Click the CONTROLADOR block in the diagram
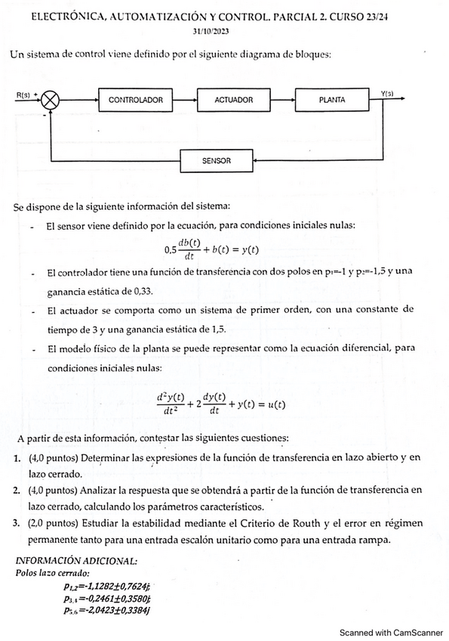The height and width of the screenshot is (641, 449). [x=136, y=100]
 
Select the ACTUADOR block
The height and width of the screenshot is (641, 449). [x=234, y=100]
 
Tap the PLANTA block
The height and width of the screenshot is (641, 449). [x=332, y=100]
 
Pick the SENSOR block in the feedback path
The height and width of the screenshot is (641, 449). [x=217, y=161]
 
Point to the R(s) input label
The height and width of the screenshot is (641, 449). [x=24, y=94]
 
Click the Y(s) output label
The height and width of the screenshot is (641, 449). [x=387, y=93]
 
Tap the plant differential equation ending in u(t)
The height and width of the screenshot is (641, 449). [x=220, y=403]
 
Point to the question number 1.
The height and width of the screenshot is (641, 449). [x=17, y=458]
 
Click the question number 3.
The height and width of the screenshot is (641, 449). [x=17, y=523]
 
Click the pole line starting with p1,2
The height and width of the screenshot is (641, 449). [x=107, y=586]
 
